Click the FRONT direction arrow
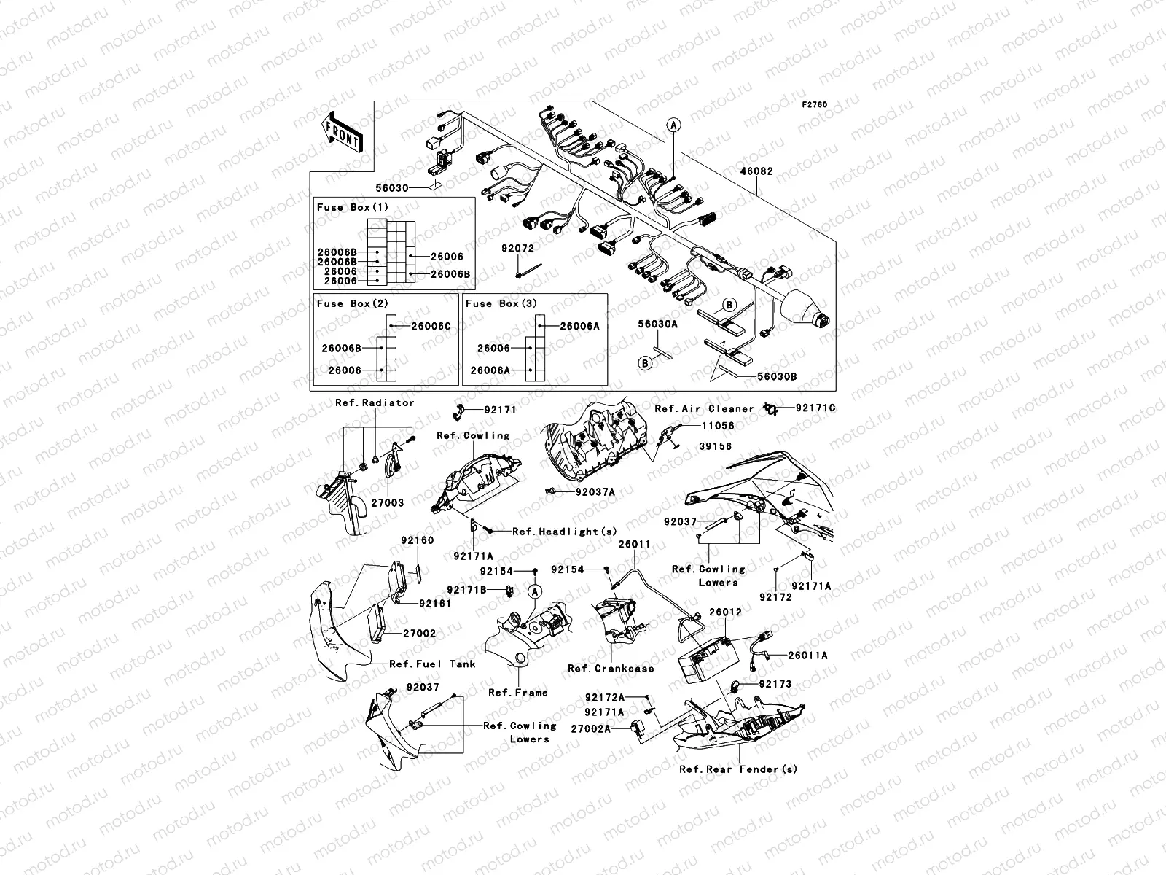(343, 133)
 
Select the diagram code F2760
(815, 105)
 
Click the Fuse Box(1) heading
(353, 208)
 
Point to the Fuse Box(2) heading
(353, 303)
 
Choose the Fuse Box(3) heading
(501, 303)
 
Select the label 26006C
(431, 326)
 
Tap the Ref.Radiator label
(375, 402)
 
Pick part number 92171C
(815, 408)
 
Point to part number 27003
(388, 503)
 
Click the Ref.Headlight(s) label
(565, 532)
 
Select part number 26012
(725, 612)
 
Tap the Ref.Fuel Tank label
(432, 664)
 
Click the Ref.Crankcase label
(611, 668)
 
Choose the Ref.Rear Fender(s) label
(738, 769)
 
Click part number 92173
(775, 685)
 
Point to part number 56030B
(777, 376)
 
